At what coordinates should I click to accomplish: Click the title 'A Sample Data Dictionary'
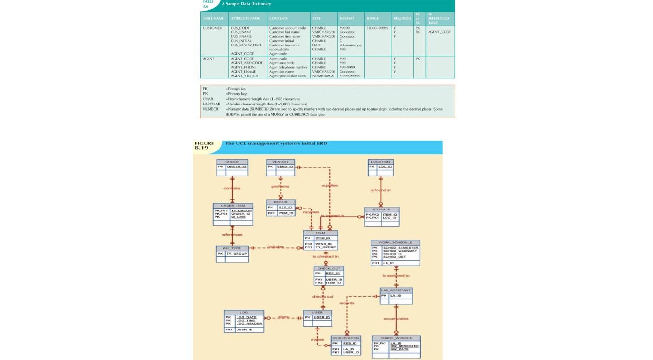[x=246, y=4]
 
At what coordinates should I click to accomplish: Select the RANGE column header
[x=372, y=19]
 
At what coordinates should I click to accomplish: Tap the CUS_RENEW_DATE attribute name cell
[x=246, y=45]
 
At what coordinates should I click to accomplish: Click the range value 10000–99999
[x=377, y=28]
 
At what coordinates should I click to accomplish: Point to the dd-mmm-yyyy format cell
[x=351, y=45]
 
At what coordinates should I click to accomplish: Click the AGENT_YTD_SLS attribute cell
[x=244, y=76]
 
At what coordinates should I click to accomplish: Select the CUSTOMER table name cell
[x=212, y=28]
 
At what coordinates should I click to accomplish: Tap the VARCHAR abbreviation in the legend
[x=211, y=104]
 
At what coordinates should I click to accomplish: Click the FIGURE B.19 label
[x=204, y=145]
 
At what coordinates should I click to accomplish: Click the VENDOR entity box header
[x=281, y=162]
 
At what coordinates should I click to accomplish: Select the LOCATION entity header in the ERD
[x=381, y=162]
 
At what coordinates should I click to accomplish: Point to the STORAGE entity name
[x=381, y=210]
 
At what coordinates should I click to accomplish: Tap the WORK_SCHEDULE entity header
[x=395, y=242]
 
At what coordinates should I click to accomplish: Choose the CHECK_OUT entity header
[x=329, y=268]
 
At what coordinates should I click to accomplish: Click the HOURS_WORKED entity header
[x=396, y=338]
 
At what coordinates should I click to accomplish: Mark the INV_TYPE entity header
[x=232, y=248]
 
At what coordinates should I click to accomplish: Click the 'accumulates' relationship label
[x=396, y=319]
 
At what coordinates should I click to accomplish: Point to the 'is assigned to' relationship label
[x=396, y=276]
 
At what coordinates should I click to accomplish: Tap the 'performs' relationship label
[x=281, y=186]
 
